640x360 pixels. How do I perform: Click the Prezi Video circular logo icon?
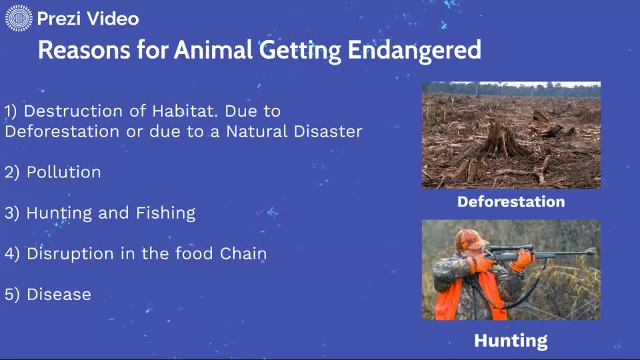pyautogui.click(x=19, y=18)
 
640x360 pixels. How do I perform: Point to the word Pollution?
pyautogui.click(x=64, y=172)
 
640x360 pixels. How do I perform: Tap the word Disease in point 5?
pyautogui.click(x=59, y=295)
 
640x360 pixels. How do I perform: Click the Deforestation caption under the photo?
pyautogui.click(x=511, y=202)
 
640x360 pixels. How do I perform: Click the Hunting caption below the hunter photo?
pyautogui.click(x=511, y=341)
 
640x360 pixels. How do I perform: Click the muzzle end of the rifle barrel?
pyautogui.click(x=591, y=253)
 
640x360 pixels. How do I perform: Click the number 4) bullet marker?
pyautogui.click(x=13, y=254)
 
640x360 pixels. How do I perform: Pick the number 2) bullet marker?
pyautogui.click(x=13, y=172)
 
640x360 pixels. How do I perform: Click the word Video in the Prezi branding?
pyautogui.click(x=112, y=19)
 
